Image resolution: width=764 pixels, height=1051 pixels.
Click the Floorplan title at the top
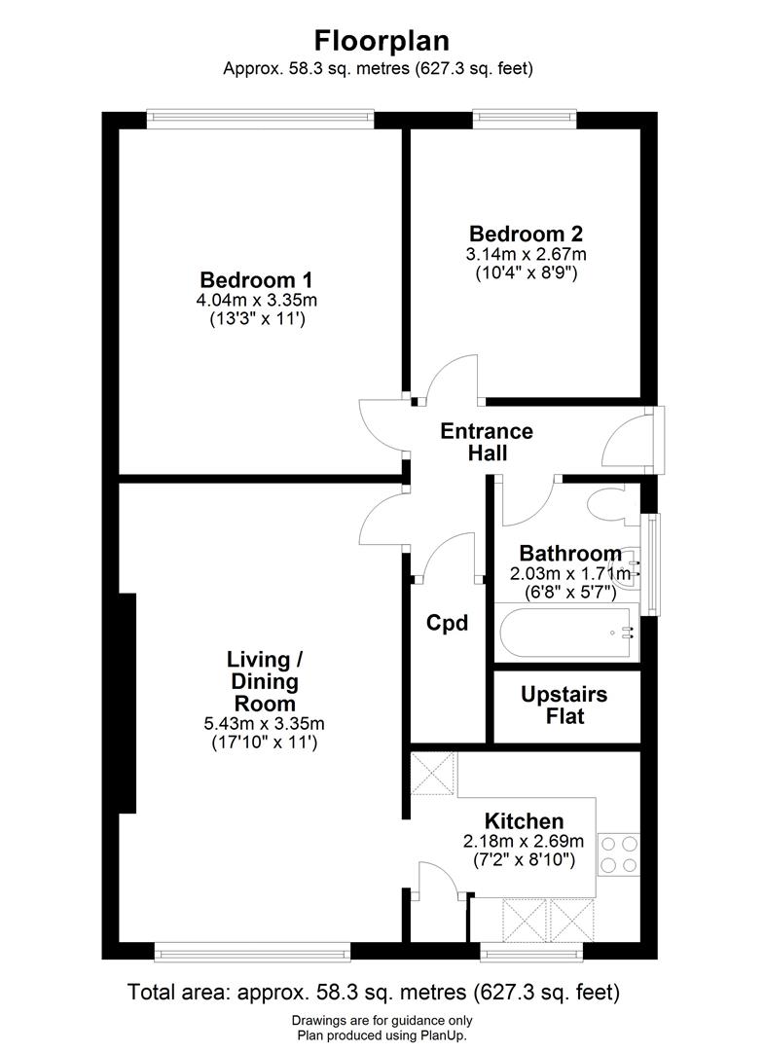pyautogui.click(x=381, y=41)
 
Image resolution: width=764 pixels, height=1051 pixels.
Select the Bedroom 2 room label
pyautogui.click(x=526, y=234)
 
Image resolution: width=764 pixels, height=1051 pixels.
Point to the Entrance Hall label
pyautogui.click(x=487, y=442)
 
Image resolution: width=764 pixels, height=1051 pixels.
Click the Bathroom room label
pyautogui.click(x=569, y=553)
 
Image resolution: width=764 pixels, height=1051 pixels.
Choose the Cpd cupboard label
pyautogui.click(x=448, y=623)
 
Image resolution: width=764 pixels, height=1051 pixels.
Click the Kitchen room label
pyautogui.click(x=525, y=820)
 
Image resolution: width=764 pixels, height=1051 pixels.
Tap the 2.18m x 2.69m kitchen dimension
pyautogui.click(x=525, y=842)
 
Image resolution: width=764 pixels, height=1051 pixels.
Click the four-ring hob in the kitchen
pyautogui.click(x=618, y=853)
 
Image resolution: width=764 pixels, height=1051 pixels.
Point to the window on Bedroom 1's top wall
pyautogui.click(x=260, y=120)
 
